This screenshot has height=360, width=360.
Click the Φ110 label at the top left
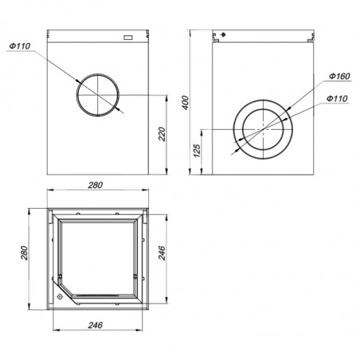point(20,46)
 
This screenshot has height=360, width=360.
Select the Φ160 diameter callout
point(339,76)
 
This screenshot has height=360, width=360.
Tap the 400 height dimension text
point(186,103)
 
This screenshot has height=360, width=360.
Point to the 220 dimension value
point(162,134)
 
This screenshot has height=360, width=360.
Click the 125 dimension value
point(197,151)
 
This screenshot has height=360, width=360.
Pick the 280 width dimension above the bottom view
point(96,185)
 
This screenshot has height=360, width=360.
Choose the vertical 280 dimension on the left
point(24,253)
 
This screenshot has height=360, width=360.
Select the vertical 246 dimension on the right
point(162,253)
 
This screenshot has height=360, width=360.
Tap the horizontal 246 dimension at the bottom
point(96,325)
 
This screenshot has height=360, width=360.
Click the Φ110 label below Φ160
point(337,99)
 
